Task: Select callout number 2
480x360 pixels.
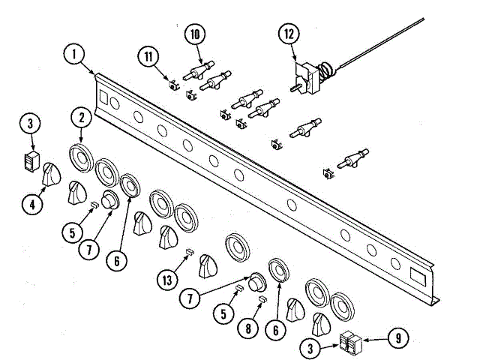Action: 81,118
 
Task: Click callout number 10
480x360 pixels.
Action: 195,34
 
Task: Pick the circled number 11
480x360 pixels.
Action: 149,55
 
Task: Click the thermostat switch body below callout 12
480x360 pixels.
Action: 307,78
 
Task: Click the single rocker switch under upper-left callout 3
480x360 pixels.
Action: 30,160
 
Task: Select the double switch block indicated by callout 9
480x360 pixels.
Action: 350,343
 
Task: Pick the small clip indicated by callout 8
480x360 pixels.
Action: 262,298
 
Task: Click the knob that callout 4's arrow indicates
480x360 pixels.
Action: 52,175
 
